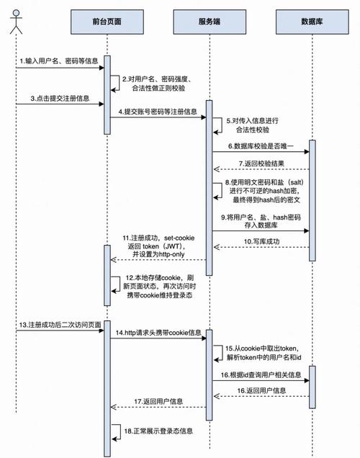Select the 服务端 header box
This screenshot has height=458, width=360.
[210, 22]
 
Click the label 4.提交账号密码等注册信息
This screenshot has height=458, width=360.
[158, 112]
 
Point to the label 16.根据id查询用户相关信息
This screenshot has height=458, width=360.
[260, 374]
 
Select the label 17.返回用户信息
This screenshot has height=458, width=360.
[158, 400]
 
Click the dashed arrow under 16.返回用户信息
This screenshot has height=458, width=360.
[260, 395]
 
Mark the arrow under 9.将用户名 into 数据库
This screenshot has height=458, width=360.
[260, 231]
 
